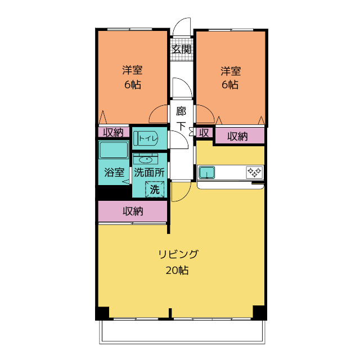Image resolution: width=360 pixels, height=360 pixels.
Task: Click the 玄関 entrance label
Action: click(181, 49)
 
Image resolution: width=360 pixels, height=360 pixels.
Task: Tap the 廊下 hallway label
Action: click(181, 119)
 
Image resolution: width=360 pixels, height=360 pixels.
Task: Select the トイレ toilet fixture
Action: click(146, 138)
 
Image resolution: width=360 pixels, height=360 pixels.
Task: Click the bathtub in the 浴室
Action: click(114, 150)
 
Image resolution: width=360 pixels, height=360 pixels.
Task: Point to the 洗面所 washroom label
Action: click(149, 172)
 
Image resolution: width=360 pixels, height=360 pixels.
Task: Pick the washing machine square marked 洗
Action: click(155, 189)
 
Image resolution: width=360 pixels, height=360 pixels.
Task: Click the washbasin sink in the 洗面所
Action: click(146, 159)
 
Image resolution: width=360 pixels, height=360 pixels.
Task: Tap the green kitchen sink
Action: click(207, 172)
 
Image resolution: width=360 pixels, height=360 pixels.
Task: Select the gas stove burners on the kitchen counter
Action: click(254, 172)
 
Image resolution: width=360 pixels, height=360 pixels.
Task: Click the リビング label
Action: click(178, 254)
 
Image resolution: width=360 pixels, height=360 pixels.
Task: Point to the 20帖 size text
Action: click(177, 270)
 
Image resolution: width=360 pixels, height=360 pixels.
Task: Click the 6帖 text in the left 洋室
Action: click(133, 85)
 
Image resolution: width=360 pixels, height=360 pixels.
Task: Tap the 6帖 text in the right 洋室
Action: click(230, 85)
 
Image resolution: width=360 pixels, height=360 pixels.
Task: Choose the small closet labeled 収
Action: click(204, 133)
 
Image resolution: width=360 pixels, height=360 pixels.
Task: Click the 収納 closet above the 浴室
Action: click(114, 132)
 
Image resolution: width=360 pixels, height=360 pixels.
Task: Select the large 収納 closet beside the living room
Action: click(133, 211)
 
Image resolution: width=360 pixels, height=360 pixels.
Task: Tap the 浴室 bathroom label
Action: click(114, 172)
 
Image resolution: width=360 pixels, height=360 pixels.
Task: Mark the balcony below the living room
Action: click(182, 331)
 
